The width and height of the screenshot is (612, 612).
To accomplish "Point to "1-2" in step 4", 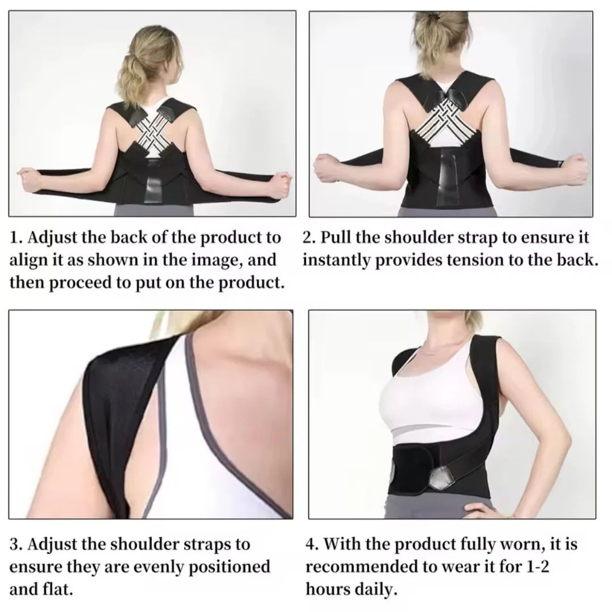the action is coord(538,566).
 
